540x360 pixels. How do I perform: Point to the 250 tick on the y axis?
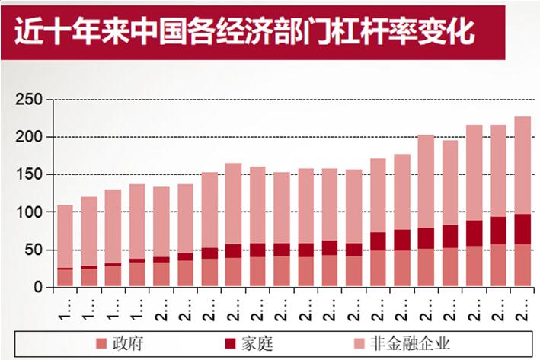[31, 100]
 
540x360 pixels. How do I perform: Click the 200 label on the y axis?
[31, 137]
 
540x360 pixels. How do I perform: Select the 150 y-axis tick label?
[31, 174]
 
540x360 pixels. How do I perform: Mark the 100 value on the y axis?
[31, 212]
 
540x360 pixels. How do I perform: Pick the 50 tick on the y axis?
[35, 250]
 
